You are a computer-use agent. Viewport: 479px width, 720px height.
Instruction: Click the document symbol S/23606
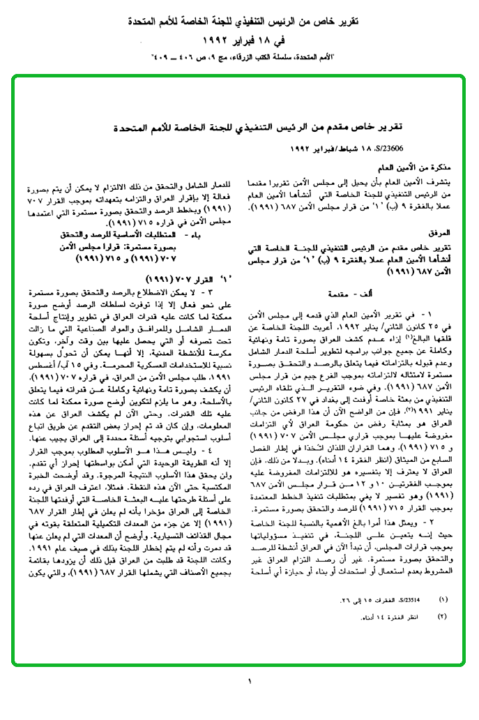[x=432, y=148]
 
